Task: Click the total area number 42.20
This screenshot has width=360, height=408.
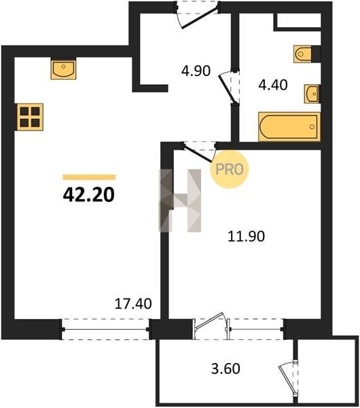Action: pyautogui.click(x=88, y=195)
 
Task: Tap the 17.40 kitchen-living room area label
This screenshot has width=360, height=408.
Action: pyautogui.click(x=133, y=304)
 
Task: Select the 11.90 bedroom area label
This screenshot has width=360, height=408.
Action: pyautogui.click(x=246, y=236)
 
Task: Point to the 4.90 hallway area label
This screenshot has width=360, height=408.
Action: pyautogui.click(x=196, y=71)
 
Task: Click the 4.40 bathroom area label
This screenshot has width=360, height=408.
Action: pyautogui.click(x=273, y=85)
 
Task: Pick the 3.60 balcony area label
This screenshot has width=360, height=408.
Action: pyautogui.click(x=226, y=369)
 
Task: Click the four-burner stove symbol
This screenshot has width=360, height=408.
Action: pyautogui.click(x=30, y=117)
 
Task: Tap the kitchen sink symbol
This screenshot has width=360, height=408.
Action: pyautogui.click(x=63, y=69)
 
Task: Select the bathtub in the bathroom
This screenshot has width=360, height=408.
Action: pyautogui.click(x=289, y=126)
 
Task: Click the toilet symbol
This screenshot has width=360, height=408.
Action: pyautogui.click(x=303, y=54)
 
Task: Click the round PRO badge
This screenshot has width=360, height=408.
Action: pyautogui.click(x=230, y=169)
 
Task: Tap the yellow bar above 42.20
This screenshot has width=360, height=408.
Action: pyautogui.click(x=89, y=177)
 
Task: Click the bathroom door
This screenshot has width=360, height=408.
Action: pyautogui.click(x=229, y=88)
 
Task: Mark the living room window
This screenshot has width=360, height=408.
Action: pyautogui.click(x=105, y=329)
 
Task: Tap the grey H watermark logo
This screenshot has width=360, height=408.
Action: pyautogui.click(x=180, y=201)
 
